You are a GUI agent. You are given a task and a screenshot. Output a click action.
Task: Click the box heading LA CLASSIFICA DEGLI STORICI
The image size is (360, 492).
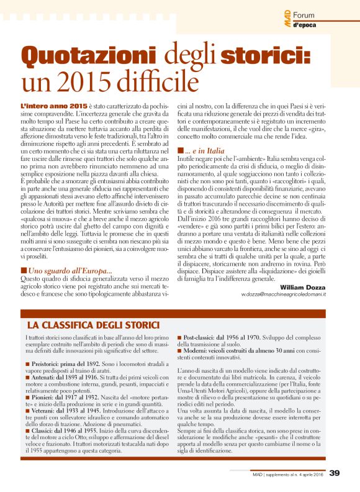click(93, 324)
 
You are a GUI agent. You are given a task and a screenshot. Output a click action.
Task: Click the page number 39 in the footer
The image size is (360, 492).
click(335, 473)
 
